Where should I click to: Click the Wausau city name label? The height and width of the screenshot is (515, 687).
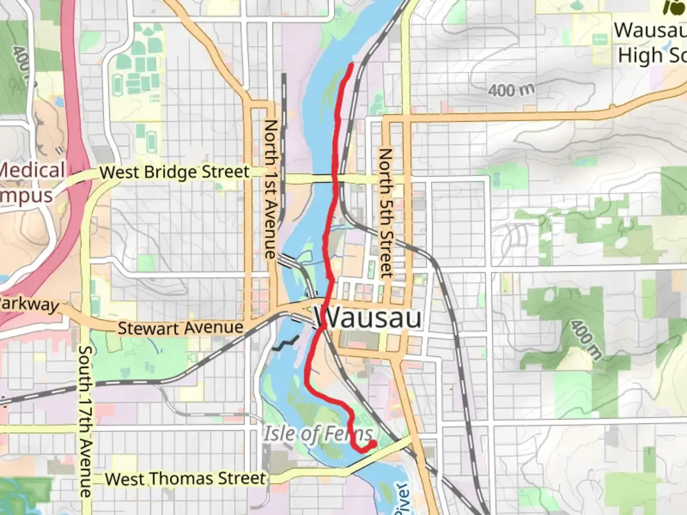pyautogui.click(x=367, y=318)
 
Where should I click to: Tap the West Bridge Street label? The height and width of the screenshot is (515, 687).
pyautogui.click(x=174, y=172)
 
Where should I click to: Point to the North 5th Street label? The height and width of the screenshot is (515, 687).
pyautogui.click(x=385, y=213)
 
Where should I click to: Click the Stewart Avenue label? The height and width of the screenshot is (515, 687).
pyautogui.click(x=180, y=328)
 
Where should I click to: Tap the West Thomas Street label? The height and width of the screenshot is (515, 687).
pyautogui.click(x=185, y=479)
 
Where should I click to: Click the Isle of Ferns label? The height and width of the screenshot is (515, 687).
pyautogui.click(x=318, y=433)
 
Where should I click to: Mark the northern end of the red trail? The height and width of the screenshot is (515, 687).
pyautogui.click(x=352, y=64)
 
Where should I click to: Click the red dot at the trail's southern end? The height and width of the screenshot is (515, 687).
pyautogui.click(x=372, y=444)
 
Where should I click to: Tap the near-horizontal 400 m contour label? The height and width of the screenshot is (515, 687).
pyautogui.click(x=511, y=90)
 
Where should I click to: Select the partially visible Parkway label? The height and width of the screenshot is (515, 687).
pyautogui.click(x=29, y=304)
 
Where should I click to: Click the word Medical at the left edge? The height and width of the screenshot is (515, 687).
pyautogui.click(x=31, y=170)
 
